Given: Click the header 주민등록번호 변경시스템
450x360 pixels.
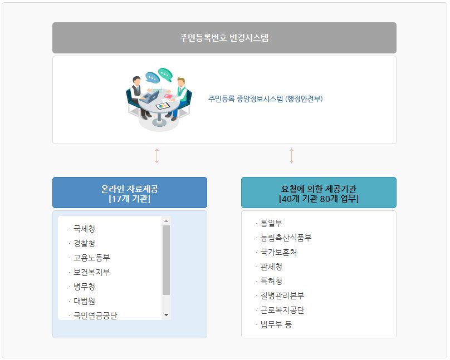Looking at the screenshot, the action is click(x=224, y=38).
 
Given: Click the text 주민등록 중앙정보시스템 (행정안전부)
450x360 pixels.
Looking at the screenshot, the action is click(x=265, y=99).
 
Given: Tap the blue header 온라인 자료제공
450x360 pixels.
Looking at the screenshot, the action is click(x=130, y=193).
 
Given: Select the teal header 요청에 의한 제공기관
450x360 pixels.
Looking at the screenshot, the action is click(x=319, y=193).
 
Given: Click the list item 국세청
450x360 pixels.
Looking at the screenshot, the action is click(x=84, y=229).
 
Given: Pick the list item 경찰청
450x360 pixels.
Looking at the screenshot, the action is click(x=84, y=243).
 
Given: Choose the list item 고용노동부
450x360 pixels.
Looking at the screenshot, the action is click(x=91, y=258).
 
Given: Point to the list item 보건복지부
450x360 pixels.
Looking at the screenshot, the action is click(x=91, y=272).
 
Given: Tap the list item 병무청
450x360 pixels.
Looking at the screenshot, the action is click(x=84, y=287).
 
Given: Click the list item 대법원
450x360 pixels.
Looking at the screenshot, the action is click(x=84, y=301).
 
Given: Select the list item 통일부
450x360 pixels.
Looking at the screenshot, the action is click(x=271, y=223).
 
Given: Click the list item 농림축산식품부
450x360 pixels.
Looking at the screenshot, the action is click(x=286, y=238).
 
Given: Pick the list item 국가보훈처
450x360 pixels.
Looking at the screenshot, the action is click(x=278, y=252).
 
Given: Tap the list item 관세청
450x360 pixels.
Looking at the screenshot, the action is click(x=271, y=267).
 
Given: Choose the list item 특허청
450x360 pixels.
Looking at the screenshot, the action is click(x=271, y=281).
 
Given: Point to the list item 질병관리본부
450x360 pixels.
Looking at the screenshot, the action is click(x=282, y=295).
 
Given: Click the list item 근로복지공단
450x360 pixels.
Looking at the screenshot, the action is click(x=282, y=310).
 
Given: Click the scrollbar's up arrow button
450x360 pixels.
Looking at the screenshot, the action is click(x=166, y=221).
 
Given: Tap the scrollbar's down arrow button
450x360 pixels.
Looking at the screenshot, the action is click(x=166, y=315).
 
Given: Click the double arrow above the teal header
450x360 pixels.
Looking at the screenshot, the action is click(x=291, y=156).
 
